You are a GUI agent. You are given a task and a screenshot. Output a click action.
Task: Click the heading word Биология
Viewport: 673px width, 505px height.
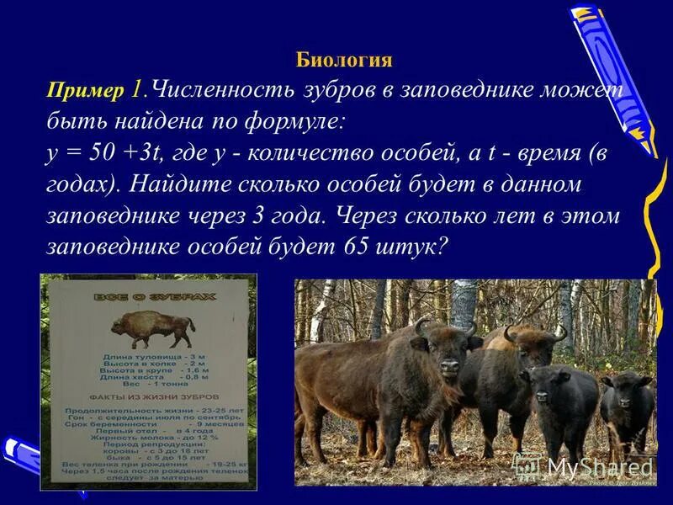click(x=344, y=60)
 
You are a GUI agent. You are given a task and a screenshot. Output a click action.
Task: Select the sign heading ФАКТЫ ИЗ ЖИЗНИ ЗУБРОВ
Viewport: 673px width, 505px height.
click(x=148, y=396)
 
